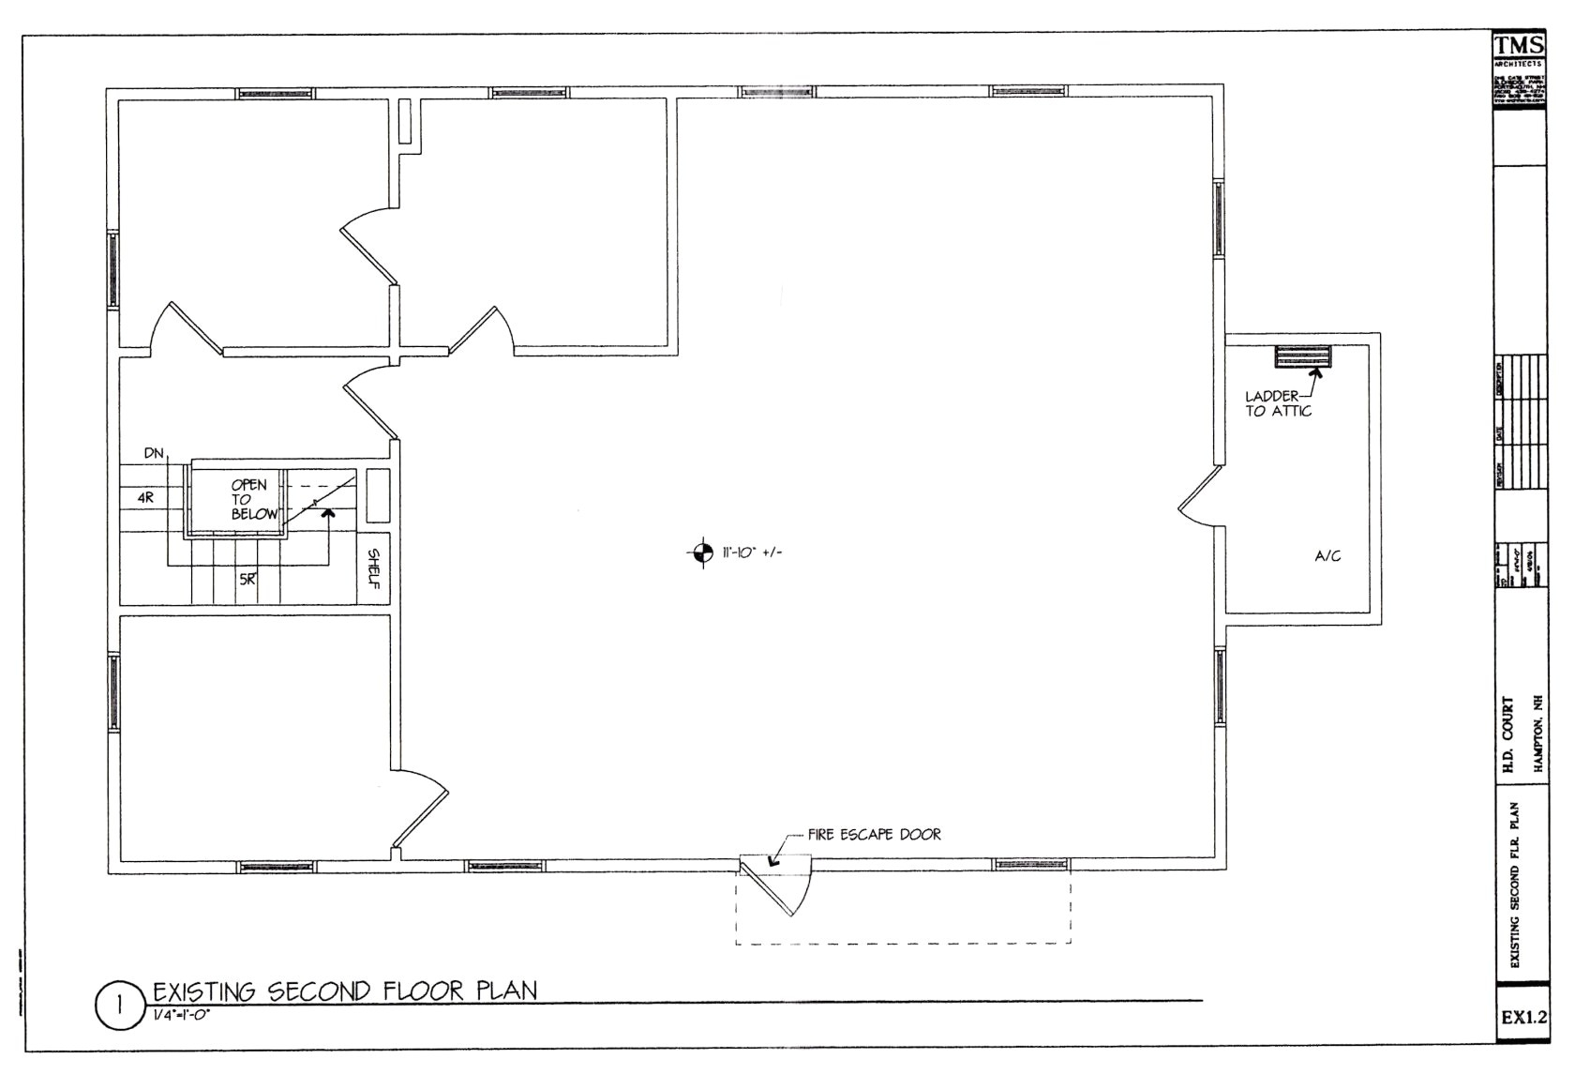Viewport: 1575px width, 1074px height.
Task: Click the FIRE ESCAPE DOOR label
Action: tap(874, 834)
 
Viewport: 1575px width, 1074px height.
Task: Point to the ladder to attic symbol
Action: tap(1302, 357)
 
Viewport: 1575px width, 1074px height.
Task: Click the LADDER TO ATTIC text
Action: tap(1277, 403)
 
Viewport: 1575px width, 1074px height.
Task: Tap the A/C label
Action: tap(1327, 556)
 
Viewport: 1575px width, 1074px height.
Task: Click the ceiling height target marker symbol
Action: tap(699, 552)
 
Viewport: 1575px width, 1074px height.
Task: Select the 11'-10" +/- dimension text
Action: tap(752, 552)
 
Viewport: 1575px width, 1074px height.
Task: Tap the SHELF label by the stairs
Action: tap(373, 569)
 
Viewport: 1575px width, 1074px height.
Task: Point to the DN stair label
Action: tap(155, 454)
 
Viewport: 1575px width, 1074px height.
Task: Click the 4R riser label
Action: tap(145, 498)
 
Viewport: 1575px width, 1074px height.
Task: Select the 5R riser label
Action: tap(247, 580)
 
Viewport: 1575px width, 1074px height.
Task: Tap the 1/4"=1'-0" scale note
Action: tap(180, 1015)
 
